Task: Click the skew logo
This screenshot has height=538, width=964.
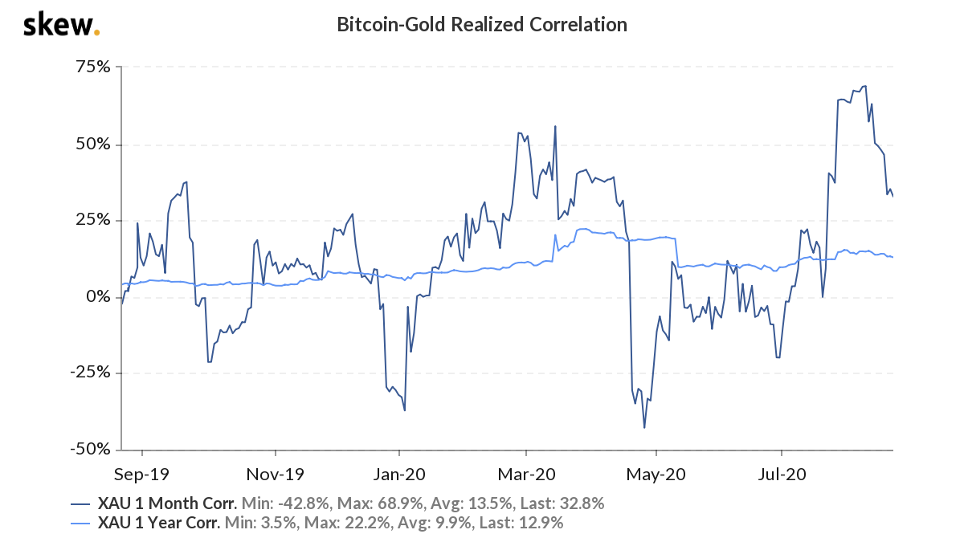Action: (x=61, y=25)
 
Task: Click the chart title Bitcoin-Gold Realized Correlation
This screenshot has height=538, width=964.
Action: (x=482, y=25)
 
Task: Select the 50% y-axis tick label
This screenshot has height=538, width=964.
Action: (x=93, y=145)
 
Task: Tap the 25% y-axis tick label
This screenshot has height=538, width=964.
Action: (x=93, y=221)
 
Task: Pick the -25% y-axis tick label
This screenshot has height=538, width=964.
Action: (x=91, y=373)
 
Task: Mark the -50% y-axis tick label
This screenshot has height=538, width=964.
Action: (x=91, y=449)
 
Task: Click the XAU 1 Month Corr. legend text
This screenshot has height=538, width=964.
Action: (x=167, y=504)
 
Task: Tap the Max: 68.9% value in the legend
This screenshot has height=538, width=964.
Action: (x=369, y=504)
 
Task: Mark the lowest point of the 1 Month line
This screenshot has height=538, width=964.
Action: (x=644, y=427)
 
